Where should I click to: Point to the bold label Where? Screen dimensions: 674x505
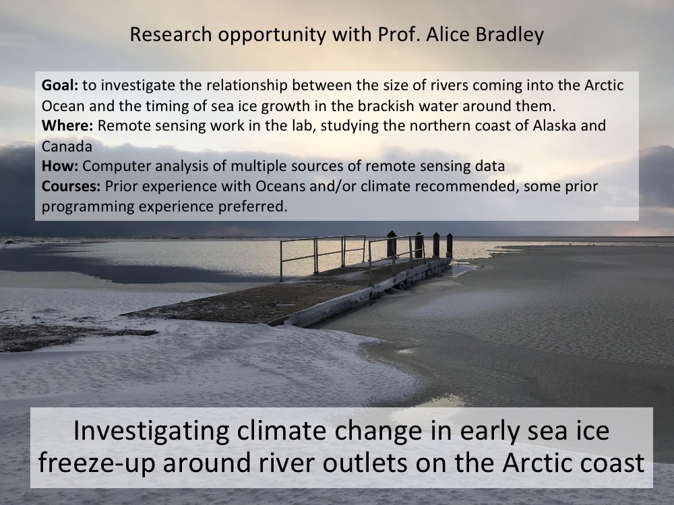click(67, 125)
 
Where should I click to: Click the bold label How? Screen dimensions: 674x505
click(60, 166)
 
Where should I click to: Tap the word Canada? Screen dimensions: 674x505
click(67, 146)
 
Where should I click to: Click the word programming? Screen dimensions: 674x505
click(88, 207)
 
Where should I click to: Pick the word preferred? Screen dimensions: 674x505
click(253, 207)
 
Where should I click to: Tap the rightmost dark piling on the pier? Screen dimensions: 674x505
click(449, 245)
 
